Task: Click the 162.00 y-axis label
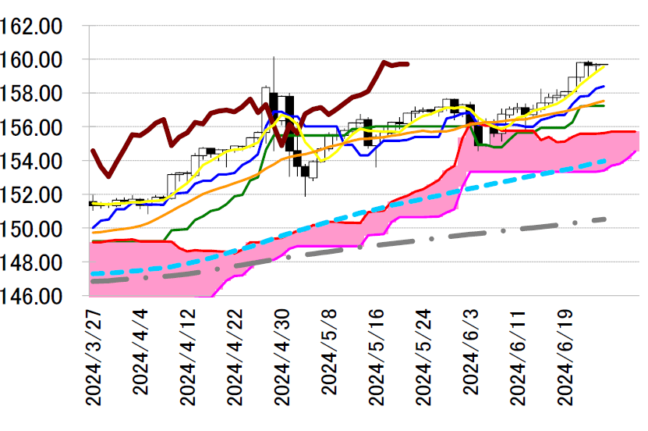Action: pos(33,26)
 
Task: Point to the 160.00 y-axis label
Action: pos(33,59)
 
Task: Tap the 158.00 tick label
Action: pos(33,94)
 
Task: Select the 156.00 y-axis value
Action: pos(33,127)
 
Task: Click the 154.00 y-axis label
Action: pos(33,162)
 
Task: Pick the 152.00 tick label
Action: pos(33,195)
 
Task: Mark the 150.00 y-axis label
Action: pos(33,230)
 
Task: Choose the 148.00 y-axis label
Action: pos(33,263)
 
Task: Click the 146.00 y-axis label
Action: pos(33,297)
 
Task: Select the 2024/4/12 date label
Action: pos(188,356)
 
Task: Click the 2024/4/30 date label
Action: pos(282,356)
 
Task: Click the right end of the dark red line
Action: pos(409,64)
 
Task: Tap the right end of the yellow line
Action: pos(604,66)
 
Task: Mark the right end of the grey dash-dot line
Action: pos(606,219)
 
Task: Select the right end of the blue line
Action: pos(604,86)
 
